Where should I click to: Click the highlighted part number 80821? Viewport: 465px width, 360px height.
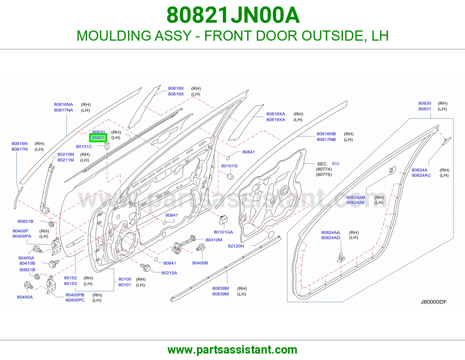click(x=99, y=138)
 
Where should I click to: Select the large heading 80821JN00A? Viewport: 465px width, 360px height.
click(x=233, y=15)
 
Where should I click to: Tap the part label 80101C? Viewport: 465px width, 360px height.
click(x=84, y=146)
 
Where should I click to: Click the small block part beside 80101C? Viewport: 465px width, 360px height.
click(x=107, y=146)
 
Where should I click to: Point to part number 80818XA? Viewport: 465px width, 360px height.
click(x=276, y=114)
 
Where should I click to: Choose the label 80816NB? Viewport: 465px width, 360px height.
click(x=326, y=134)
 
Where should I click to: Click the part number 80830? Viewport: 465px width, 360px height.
click(x=425, y=103)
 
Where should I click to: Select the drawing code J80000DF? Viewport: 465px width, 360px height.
click(x=434, y=302)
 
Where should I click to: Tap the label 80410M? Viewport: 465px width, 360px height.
click(x=214, y=240)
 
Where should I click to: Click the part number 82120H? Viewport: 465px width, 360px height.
click(x=236, y=246)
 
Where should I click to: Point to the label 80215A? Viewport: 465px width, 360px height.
click(x=169, y=273)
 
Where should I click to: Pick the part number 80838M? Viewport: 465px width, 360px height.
click(x=220, y=288)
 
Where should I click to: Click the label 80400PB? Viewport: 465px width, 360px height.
click(x=75, y=295)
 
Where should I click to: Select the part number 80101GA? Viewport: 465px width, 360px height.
click(x=223, y=232)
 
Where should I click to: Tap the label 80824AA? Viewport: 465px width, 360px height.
click(x=330, y=232)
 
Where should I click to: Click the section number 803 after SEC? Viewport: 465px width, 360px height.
click(x=335, y=163)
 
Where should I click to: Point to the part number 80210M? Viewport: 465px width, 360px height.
click(x=66, y=154)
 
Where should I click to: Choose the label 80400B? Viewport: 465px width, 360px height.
click(x=200, y=263)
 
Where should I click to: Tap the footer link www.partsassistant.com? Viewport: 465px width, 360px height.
click(x=233, y=350)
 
